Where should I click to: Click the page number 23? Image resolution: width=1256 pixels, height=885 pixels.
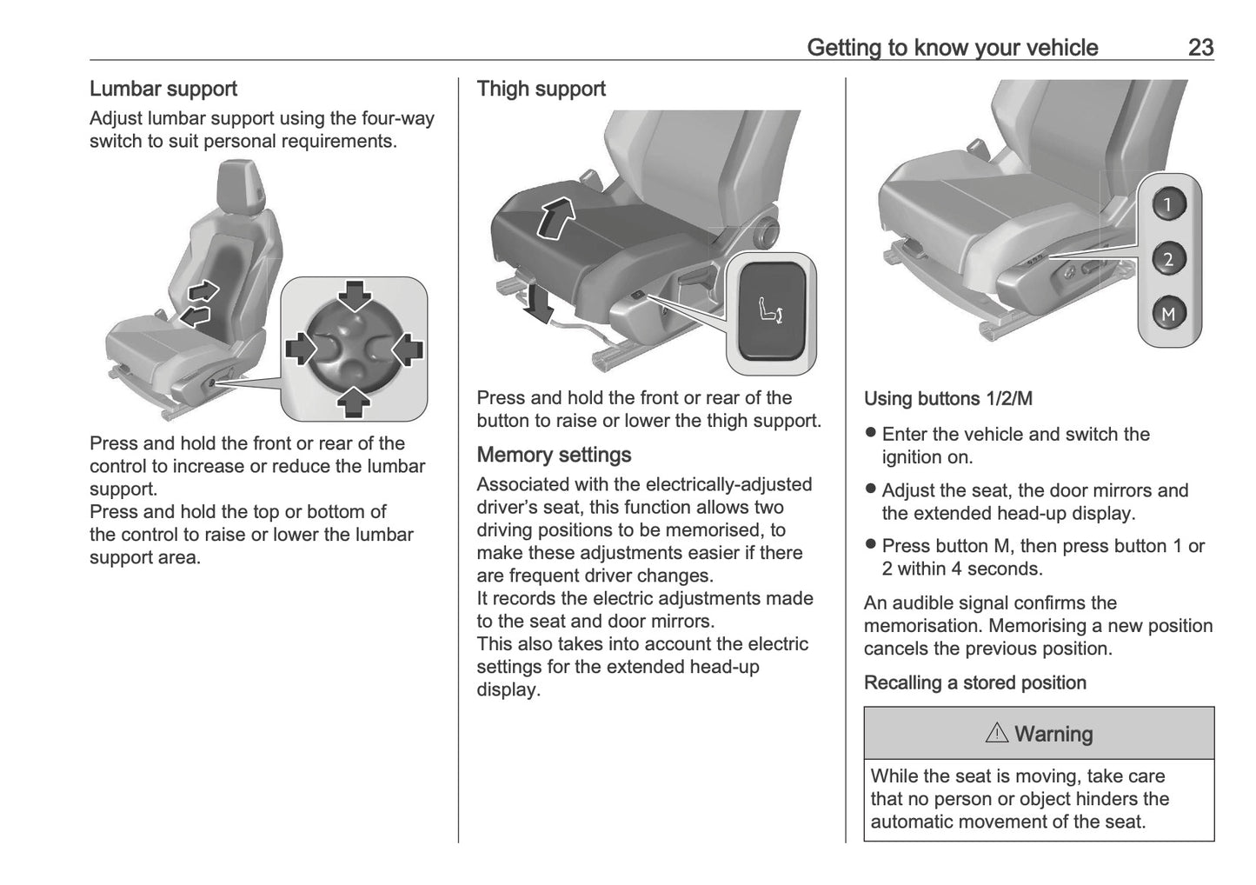click(x=1200, y=47)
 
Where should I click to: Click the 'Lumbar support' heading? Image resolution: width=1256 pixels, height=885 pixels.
click(x=163, y=89)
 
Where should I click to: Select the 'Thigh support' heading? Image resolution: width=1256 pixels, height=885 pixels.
click(x=541, y=89)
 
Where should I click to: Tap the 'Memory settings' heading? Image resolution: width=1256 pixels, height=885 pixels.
click(x=554, y=455)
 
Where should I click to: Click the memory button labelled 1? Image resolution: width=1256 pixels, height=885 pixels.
click(x=1168, y=204)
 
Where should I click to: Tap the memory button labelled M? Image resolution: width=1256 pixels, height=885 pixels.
click(x=1168, y=313)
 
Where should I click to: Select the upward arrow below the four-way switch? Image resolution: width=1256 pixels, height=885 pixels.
click(x=354, y=401)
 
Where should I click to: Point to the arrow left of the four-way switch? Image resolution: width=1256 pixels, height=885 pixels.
click(x=301, y=349)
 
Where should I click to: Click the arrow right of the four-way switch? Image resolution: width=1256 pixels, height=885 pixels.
click(x=407, y=349)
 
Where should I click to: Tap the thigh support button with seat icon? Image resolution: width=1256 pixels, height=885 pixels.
click(x=771, y=311)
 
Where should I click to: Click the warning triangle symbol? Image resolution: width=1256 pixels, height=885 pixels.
click(x=996, y=733)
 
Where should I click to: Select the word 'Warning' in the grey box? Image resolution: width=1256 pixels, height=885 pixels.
click(x=1053, y=734)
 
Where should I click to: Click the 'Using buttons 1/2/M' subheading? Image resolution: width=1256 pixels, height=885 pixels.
click(x=947, y=399)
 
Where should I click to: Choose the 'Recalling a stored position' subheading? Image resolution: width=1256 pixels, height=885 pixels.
click(x=974, y=682)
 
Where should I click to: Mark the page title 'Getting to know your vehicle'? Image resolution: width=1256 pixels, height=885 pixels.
click(x=952, y=47)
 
